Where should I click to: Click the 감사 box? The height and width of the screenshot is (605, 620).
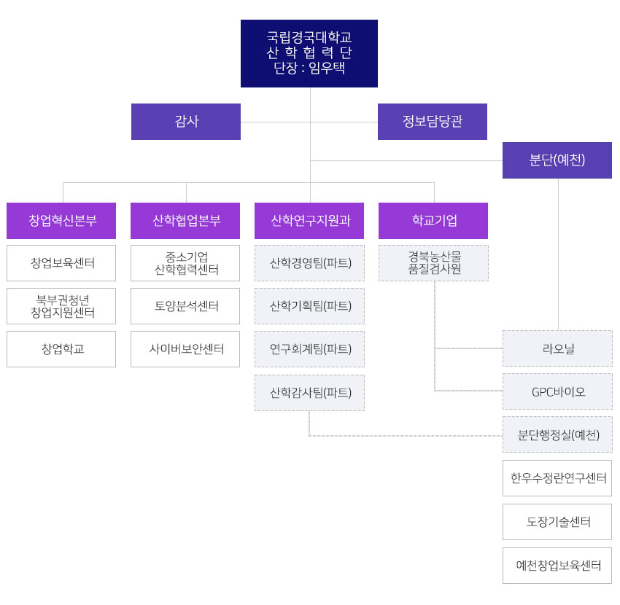pos(186,122)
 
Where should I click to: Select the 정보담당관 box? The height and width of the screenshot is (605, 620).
pos(433,122)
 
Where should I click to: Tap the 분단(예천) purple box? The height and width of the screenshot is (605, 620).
pos(557,160)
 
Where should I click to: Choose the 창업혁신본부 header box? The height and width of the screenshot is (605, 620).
pos(61,221)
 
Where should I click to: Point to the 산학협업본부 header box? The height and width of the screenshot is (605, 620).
pos(185,221)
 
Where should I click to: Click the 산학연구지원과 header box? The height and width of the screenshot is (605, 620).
pos(309,221)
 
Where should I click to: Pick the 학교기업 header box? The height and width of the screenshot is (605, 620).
pos(433,221)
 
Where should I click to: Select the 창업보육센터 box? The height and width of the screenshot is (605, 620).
pos(61,263)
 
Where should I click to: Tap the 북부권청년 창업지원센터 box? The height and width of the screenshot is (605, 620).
pos(61,306)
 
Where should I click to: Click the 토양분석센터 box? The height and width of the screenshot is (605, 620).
pos(185,306)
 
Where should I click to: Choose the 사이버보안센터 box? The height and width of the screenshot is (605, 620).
pos(185,349)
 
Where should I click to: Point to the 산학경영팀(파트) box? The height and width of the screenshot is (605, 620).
pos(309,263)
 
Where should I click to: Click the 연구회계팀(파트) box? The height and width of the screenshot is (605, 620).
pos(309,349)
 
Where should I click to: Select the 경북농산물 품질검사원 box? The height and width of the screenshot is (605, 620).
pos(433,263)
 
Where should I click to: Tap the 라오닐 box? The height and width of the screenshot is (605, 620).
pos(557,348)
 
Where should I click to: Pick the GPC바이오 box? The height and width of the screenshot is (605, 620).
pos(557,391)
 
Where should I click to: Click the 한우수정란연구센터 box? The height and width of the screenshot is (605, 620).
pos(557,478)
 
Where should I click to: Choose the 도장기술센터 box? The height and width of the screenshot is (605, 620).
pos(557,522)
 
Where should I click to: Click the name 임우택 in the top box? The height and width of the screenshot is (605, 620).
pos(327,68)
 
